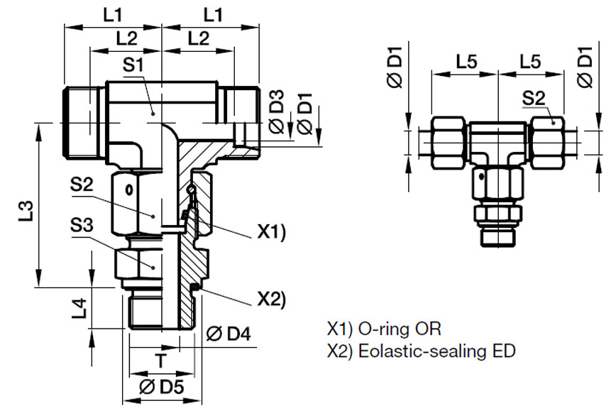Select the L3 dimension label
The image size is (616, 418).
click(26, 211)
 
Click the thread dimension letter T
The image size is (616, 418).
click(162, 361)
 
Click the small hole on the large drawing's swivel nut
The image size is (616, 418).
click(128, 189)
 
